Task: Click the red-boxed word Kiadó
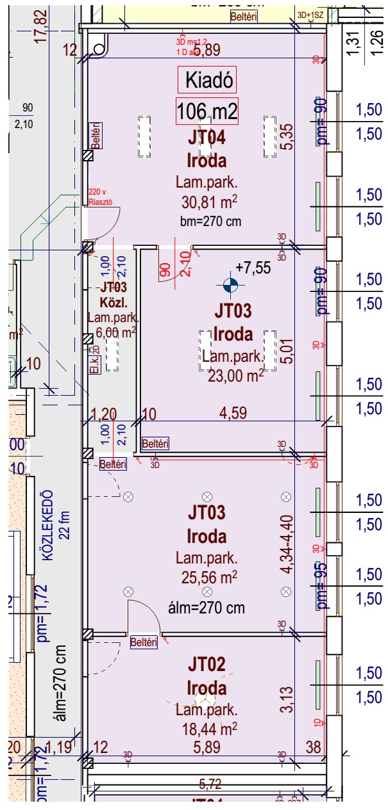[x=207, y=81]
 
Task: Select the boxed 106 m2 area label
[x=207, y=112]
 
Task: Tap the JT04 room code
[x=207, y=137]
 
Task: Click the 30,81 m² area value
[x=207, y=203]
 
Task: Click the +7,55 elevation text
[x=253, y=267]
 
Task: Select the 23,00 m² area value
[x=235, y=376]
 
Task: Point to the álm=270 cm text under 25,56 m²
[x=207, y=606]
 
